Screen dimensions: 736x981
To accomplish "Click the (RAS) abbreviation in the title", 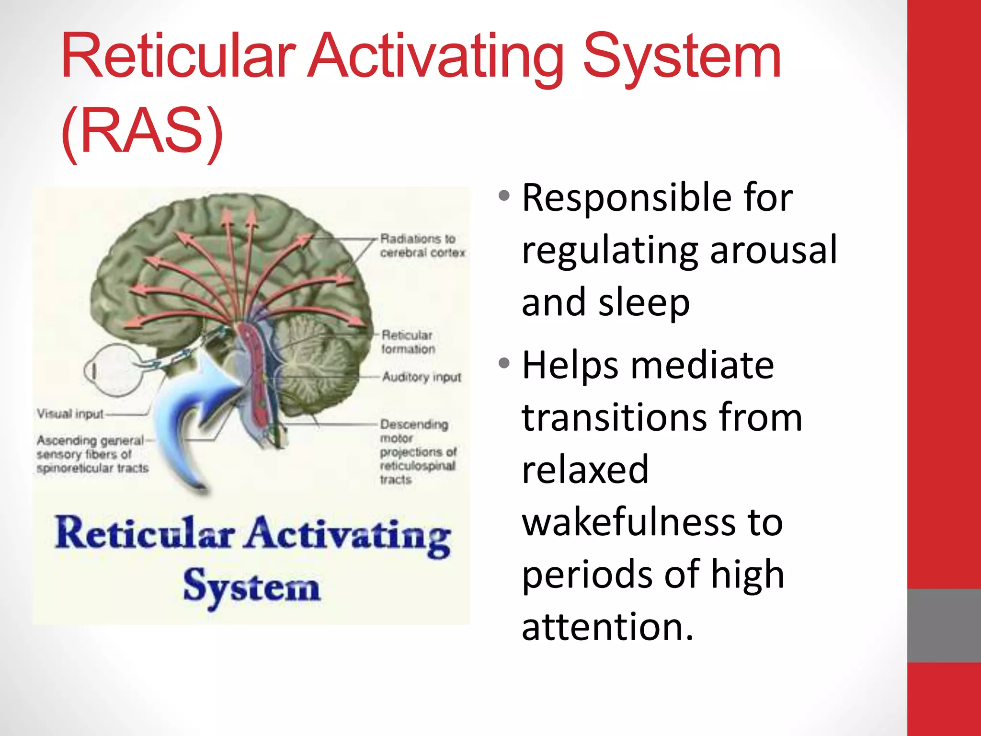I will tap(142, 130).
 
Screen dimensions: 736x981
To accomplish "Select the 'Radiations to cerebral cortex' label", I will tap(422, 245).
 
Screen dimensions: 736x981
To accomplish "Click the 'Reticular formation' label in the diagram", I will tap(408, 342).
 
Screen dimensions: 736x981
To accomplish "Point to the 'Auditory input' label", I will tap(422, 377).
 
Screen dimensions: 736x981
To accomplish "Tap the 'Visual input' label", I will tap(70, 414).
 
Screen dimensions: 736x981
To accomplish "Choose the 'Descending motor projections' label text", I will tap(417, 451).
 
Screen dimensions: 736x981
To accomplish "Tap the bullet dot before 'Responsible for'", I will tap(503, 196).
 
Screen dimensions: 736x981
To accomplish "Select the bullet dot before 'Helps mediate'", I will tap(503, 363).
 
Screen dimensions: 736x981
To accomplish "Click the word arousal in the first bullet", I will tap(774, 250).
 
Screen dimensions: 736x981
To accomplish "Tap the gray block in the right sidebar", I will tap(944, 625).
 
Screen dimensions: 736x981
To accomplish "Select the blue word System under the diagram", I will tap(251, 586).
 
